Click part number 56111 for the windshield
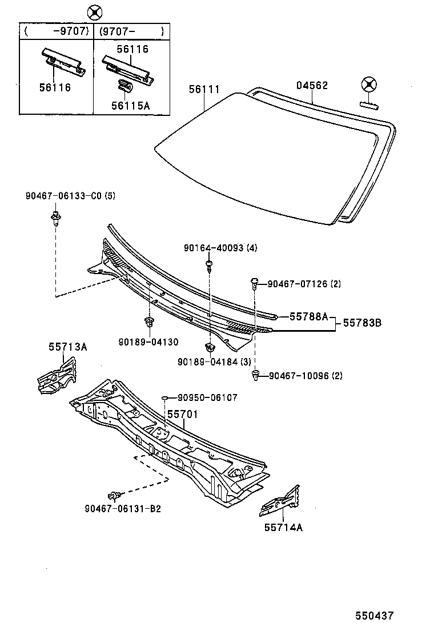pyautogui.click(x=204, y=89)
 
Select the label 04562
pyautogui.click(x=312, y=86)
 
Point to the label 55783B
pyautogui.click(x=361, y=323)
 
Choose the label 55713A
pyautogui.click(x=67, y=347)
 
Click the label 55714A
pyautogui.click(x=283, y=527)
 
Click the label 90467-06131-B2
pyautogui.click(x=122, y=508)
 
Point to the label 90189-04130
pyautogui.click(x=148, y=341)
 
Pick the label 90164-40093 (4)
pyautogui.click(x=220, y=248)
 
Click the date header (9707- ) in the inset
pyautogui.click(x=131, y=31)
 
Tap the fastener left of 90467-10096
pyautogui.click(x=255, y=375)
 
